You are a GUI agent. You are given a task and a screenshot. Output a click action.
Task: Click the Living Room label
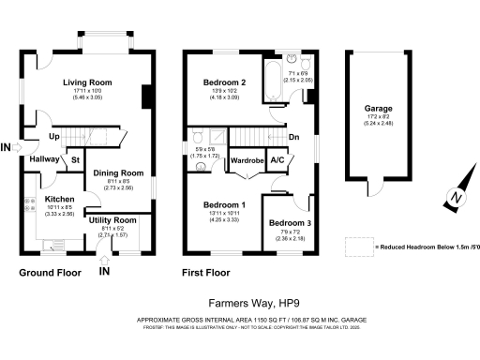click(87, 82)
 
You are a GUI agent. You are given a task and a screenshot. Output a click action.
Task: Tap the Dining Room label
click(118, 172)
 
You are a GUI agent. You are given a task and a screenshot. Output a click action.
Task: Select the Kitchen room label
click(59, 200)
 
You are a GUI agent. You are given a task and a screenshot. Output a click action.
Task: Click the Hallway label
click(43, 160)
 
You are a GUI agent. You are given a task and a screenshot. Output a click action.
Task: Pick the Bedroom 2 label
click(224, 82)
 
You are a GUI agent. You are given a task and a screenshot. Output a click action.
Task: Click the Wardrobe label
click(245, 160)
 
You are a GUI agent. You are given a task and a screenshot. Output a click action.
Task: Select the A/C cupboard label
click(277, 160)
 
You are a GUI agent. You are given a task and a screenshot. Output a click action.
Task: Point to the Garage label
click(379, 109)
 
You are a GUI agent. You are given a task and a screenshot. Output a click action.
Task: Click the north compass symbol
click(454, 199)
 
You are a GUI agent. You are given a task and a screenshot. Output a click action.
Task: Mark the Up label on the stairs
click(55, 137)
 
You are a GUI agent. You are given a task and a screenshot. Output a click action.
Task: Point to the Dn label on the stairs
click(294, 138)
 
